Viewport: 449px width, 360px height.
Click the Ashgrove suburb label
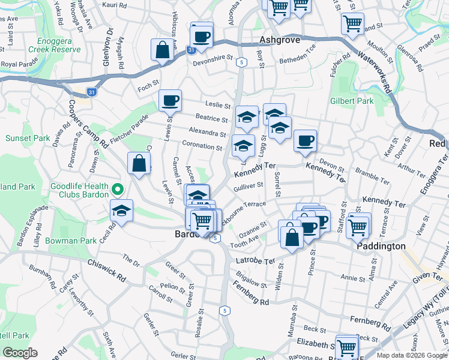click(x=279, y=41)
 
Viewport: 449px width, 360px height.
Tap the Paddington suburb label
click(x=381, y=246)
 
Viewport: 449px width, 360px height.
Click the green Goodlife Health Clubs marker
click(x=118, y=190)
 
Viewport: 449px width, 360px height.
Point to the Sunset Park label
click(x=28, y=138)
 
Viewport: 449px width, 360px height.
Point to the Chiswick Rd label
click(x=108, y=271)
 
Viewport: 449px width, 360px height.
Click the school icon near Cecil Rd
click(x=121, y=211)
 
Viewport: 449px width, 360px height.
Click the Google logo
click(x=20, y=353)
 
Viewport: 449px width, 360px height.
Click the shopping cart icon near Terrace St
click(x=358, y=226)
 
